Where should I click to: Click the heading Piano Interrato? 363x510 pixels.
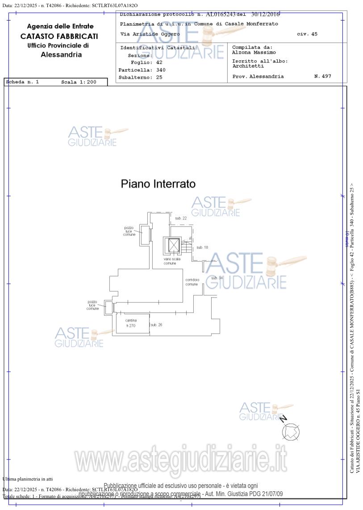point(158,184)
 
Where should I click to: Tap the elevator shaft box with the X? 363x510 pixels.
point(173,245)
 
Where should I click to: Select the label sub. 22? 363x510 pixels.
point(181,218)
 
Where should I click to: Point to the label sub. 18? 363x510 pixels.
point(202,247)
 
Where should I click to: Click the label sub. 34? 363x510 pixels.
point(217,278)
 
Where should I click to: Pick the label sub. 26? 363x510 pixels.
point(156,325)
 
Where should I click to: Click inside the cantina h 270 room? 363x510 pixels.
point(131,323)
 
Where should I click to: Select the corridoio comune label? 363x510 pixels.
point(192,282)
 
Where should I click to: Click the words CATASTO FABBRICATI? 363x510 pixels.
point(59,36)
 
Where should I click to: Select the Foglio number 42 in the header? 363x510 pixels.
point(146,62)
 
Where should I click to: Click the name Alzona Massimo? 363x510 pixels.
point(254,53)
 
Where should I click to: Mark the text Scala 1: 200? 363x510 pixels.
point(79,82)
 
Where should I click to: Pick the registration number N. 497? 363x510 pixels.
point(322,76)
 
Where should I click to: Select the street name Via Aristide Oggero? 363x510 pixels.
point(150,34)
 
